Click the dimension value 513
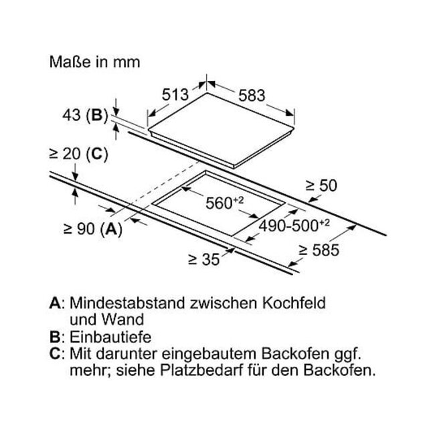point(175,94)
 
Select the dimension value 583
point(252,96)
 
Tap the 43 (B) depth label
point(85,114)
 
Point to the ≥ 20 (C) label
point(78,154)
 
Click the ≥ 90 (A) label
point(92,229)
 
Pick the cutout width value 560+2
point(224,203)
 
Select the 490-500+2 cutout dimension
point(294,226)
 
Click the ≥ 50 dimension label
point(321,185)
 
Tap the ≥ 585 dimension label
point(319,250)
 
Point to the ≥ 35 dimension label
point(204,260)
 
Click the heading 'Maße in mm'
point(94,62)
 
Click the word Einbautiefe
point(110,337)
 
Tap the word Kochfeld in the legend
point(294,302)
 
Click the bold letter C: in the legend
point(57,354)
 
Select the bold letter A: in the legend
point(57,302)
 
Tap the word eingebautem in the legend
point(209,354)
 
